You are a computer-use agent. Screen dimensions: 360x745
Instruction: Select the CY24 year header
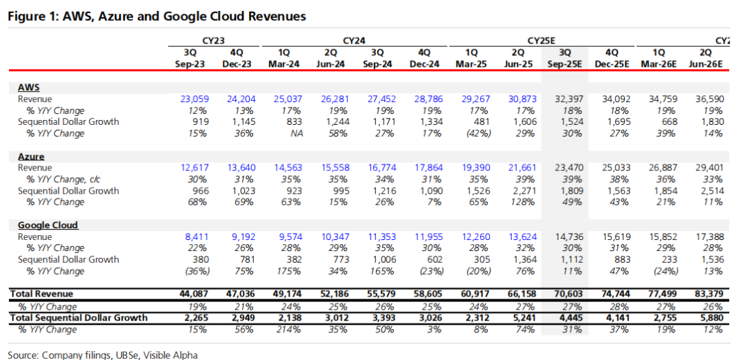pyautogui.click(x=353, y=41)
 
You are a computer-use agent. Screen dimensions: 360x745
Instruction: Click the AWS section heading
pyautogui.click(x=29, y=88)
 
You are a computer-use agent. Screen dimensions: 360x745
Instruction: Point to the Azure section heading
pyautogui.click(x=31, y=157)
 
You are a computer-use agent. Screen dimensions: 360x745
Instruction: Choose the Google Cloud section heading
pyautogui.click(x=48, y=225)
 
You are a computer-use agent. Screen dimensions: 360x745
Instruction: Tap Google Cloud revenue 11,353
pyautogui.click(x=381, y=237)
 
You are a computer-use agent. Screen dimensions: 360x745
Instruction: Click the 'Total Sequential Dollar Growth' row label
pyautogui.click(x=78, y=318)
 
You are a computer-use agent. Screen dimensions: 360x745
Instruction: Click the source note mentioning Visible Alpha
pyautogui.click(x=103, y=354)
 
